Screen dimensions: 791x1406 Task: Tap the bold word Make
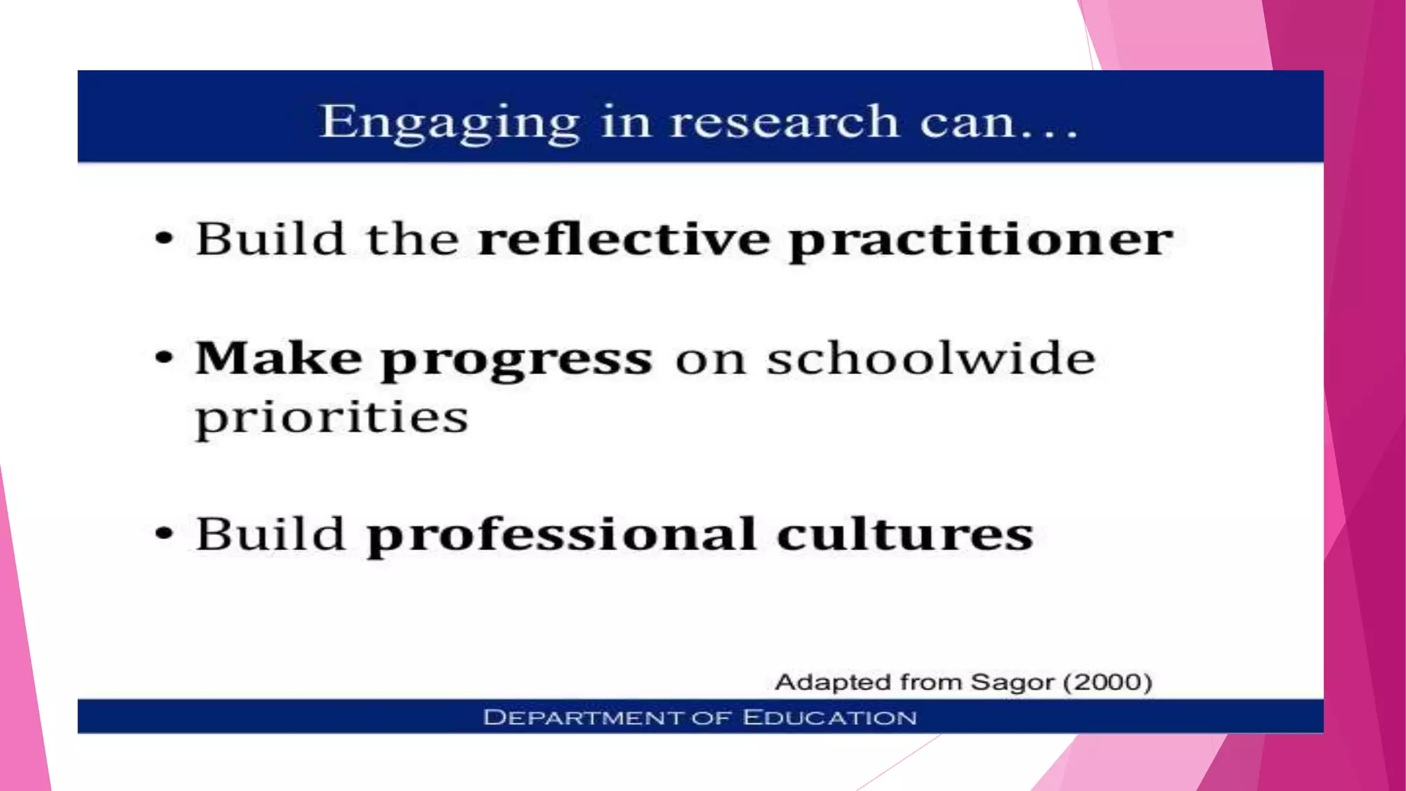278,358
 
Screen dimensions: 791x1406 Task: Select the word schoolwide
931,358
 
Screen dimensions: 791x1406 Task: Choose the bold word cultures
905,534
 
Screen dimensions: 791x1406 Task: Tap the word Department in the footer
583,718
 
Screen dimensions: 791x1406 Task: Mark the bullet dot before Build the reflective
163,239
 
